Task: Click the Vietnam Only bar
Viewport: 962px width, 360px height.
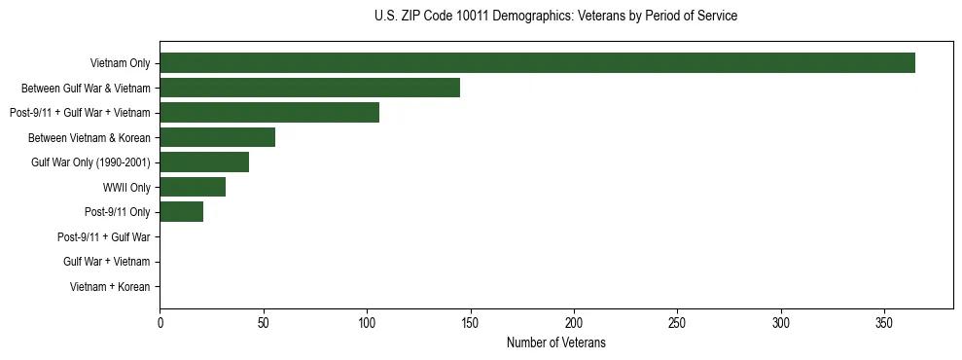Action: [x=537, y=63]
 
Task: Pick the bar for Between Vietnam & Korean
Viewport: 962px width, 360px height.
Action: [x=217, y=137]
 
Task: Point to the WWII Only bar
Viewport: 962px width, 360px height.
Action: [x=193, y=187]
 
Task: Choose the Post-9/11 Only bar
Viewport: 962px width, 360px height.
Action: [x=181, y=212]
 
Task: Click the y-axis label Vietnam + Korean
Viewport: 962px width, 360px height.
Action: [x=110, y=287]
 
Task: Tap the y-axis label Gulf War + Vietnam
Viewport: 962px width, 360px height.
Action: [x=107, y=262]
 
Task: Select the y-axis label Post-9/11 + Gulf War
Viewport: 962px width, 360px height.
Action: [x=104, y=236]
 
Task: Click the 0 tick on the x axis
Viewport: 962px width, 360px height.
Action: [x=160, y=322]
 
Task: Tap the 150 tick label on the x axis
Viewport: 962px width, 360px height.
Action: [x=470, y=322]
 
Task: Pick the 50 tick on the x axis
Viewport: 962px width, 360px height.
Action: [x=263, y=322]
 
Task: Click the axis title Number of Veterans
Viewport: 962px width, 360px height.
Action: [x=555, y=342]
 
